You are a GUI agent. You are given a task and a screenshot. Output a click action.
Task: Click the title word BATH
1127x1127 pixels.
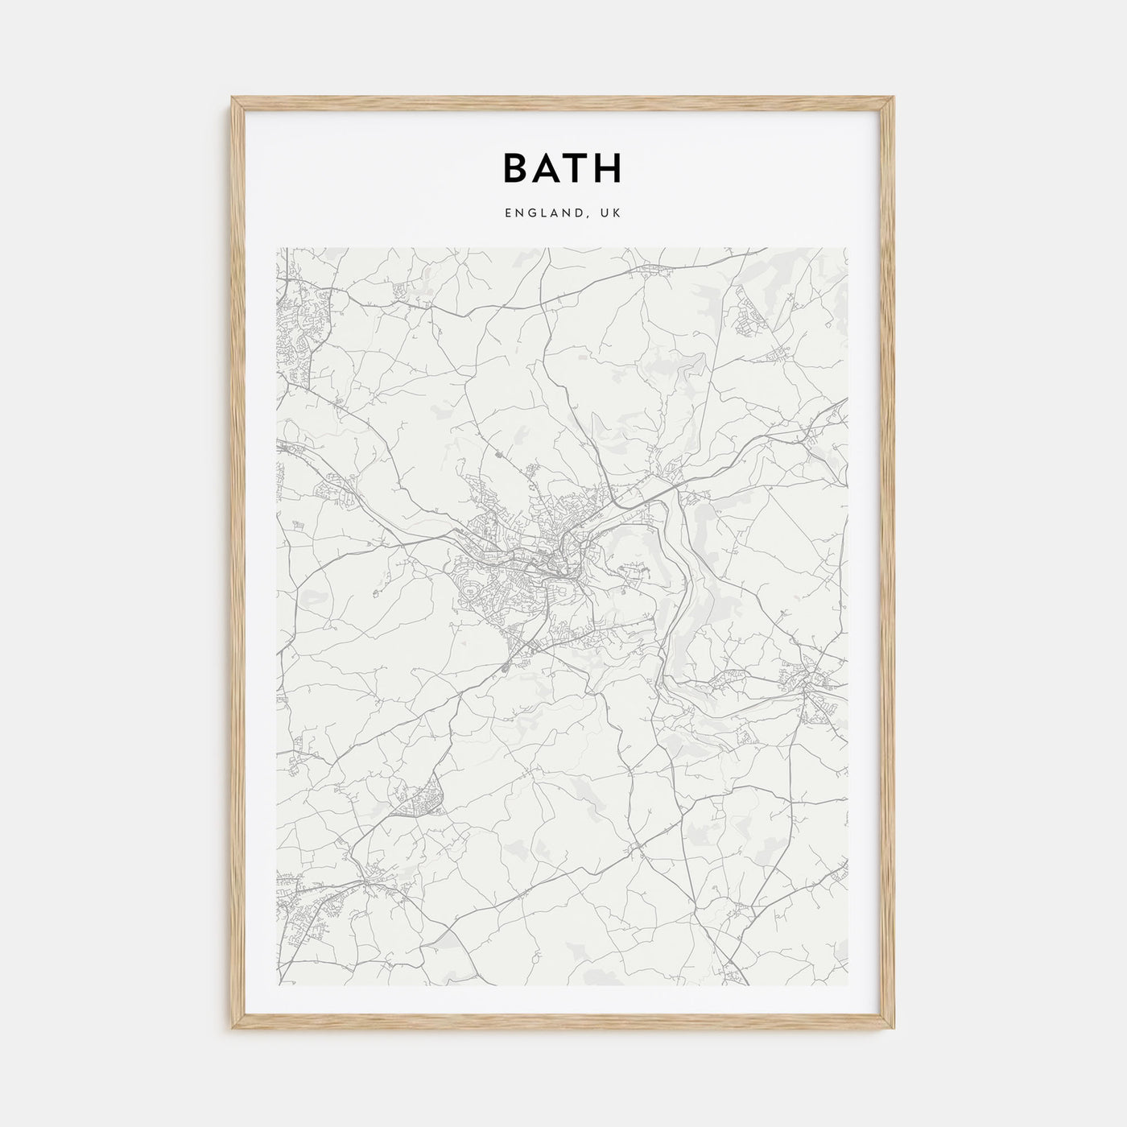pyautogui.click(x=563, y=168)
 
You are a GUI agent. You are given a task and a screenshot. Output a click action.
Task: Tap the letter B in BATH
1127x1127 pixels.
pyautogui.click(x=517, y=168)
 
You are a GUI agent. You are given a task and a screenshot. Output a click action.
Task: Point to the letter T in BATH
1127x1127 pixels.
pyautogui.click(x=577, y=168)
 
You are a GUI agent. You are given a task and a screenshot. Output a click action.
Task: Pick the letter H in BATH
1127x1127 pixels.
pyautogui.click(x=609, y=168)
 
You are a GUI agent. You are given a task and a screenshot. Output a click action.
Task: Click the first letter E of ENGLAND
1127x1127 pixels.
pyautogui.click(x=508, y=213)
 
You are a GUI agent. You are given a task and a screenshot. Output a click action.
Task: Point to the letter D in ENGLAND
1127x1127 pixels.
pyautogui.click(x=580, y=213)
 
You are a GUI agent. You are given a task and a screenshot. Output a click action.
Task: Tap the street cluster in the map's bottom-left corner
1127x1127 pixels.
pyautogui.click(x=310, y=902)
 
